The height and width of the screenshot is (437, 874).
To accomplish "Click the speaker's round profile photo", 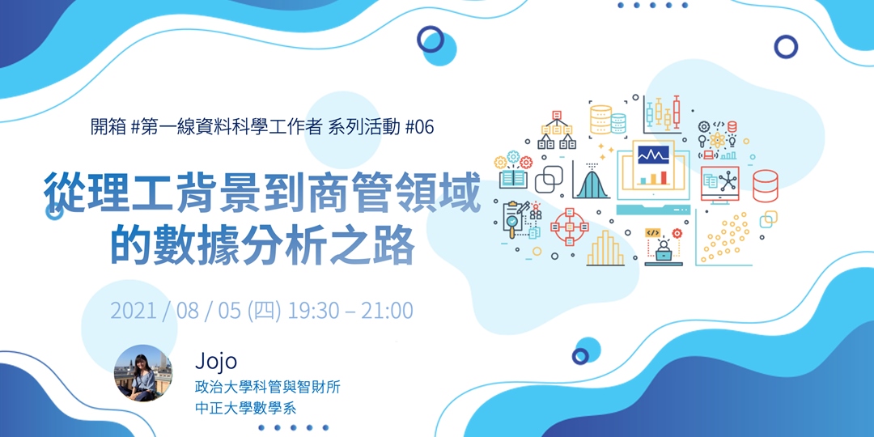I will click(143, 372).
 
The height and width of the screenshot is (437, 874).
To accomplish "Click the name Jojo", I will click(215, 361).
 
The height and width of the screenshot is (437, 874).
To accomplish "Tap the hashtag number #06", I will click(418, 127).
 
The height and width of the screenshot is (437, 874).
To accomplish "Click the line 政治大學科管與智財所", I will click(267, 388).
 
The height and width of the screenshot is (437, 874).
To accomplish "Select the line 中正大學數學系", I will click(245, 408).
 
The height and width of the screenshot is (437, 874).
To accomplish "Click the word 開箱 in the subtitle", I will click(108, 127).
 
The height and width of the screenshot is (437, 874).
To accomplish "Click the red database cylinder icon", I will click(765, 185).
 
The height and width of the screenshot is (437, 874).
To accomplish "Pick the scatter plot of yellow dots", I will click(724, 238).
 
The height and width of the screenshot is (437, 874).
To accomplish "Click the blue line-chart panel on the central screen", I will click(651, 153).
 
